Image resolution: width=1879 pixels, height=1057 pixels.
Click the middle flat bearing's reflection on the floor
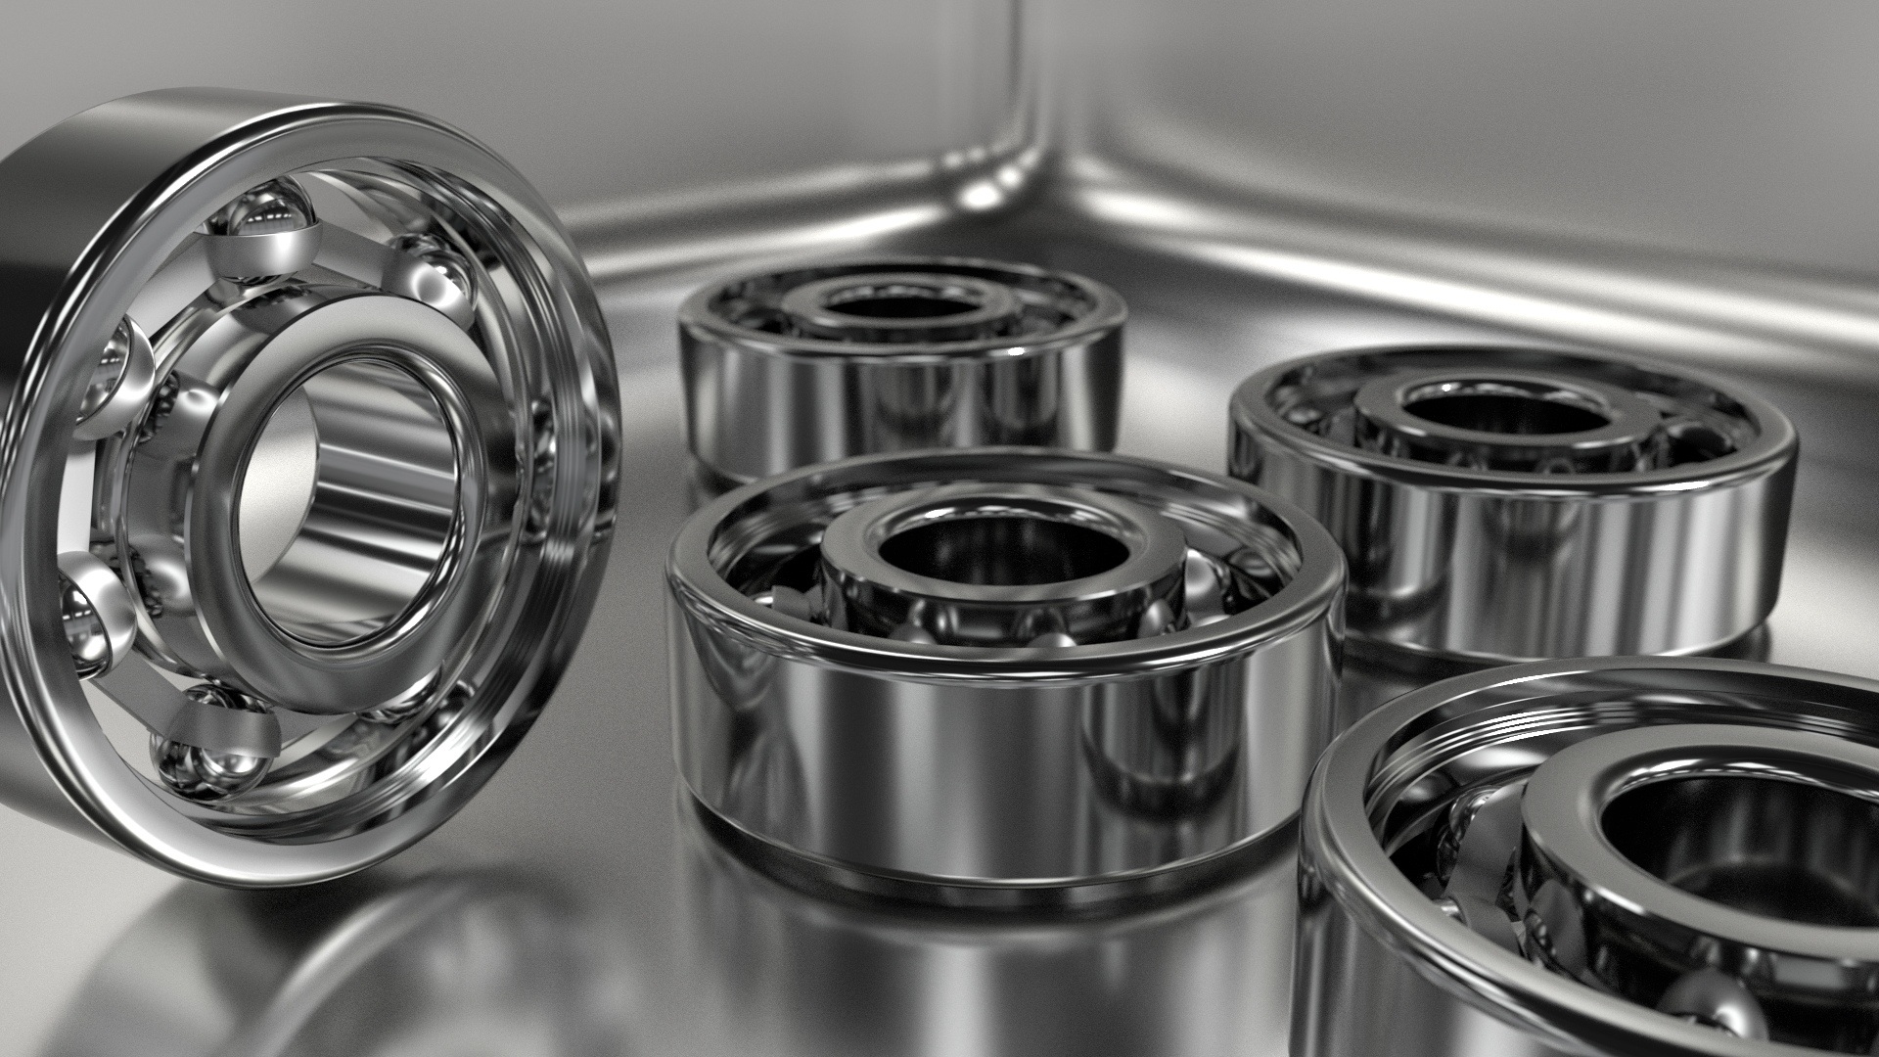point(979,940)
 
